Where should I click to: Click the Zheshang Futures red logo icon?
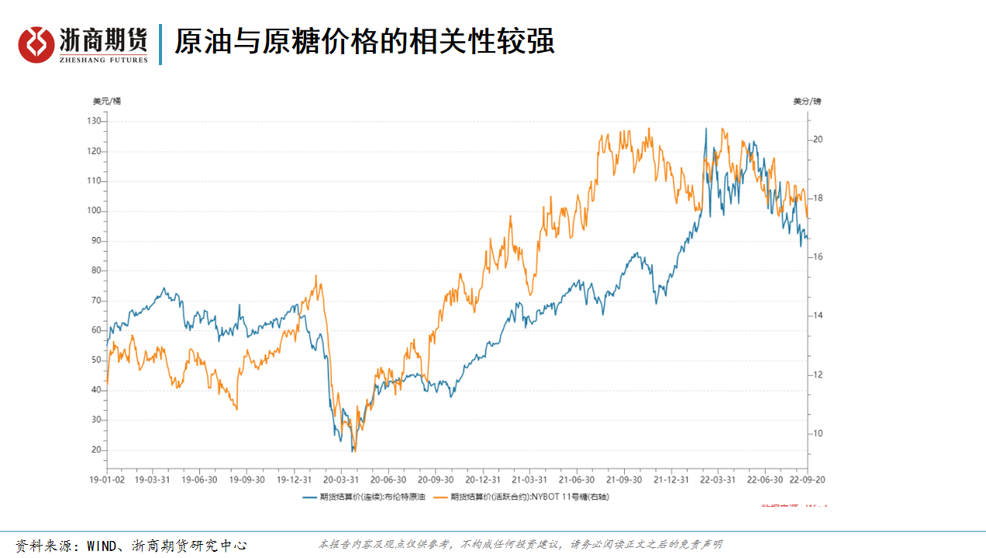point(37,45)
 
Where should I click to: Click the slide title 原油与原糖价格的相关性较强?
point(364,42)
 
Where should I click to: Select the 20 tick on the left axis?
point(95,449)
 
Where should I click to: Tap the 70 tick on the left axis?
point(95,300)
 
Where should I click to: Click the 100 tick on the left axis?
point(94,211)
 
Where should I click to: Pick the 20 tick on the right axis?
point(817,139)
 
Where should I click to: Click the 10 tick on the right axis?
point(817,433)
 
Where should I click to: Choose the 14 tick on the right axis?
point(817,315)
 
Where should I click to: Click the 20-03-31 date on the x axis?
point(341,480)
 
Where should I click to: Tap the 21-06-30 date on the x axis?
point(576,480)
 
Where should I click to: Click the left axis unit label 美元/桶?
point(107,101)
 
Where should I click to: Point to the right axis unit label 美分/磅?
point(807,101)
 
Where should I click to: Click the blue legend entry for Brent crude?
point(364,496)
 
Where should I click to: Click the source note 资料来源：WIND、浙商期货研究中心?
point(132,545)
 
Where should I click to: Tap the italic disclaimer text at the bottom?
point(520,545)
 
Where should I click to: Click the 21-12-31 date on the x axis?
point(671,480)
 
